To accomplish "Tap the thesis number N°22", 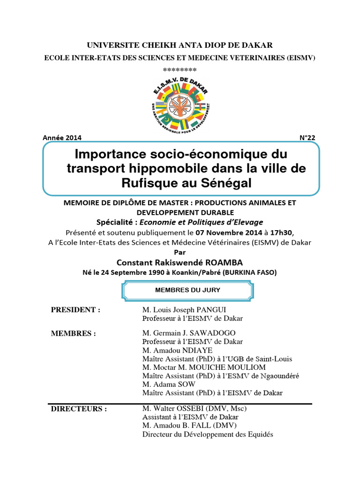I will point(308,138).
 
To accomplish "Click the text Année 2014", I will point(62,138).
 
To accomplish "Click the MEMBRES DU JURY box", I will point(181,291).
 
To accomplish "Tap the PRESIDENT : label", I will point(75,310).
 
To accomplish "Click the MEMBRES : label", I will point(73,334).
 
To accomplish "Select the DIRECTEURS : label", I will point(78,409).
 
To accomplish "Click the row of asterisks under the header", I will point(180,69).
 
